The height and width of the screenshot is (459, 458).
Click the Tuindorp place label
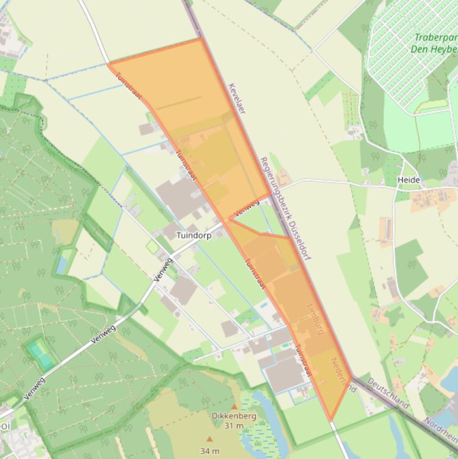(194, 235)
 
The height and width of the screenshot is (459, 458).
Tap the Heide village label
(409, 179)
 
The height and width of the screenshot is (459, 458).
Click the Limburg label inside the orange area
(316, 319)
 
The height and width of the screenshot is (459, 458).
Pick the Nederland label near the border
(343, 375)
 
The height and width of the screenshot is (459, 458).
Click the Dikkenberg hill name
(233, 416)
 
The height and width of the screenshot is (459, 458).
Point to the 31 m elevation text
(233, 426)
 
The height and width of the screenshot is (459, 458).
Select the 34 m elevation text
(209, 451)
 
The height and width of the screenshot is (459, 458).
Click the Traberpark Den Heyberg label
(434, 43)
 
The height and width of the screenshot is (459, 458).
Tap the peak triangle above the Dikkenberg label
(234, 407)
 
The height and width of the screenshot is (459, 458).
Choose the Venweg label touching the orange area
(247, 208)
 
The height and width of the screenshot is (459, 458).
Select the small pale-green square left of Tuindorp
(152, 246)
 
